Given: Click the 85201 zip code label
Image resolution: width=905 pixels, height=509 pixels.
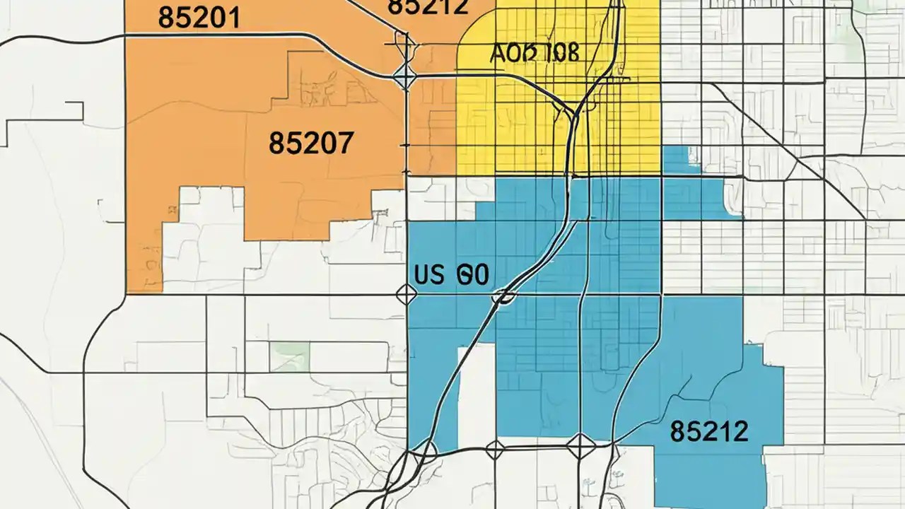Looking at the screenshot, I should point(199,18).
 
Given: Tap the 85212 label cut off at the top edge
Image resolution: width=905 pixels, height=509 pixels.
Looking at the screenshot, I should point(428,7).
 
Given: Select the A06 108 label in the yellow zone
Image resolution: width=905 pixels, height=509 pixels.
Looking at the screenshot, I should point(534,52).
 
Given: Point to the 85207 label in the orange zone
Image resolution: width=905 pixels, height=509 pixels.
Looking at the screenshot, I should point(310,144).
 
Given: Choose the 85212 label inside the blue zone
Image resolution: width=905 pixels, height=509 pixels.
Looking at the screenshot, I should point(708,431).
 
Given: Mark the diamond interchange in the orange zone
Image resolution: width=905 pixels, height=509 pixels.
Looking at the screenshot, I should point(406,76).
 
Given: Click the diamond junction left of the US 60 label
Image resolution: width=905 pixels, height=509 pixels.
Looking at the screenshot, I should point(406,294).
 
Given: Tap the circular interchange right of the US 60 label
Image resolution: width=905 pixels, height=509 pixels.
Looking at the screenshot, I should point(504,296).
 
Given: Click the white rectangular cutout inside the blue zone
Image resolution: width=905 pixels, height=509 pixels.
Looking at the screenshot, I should point(477,392).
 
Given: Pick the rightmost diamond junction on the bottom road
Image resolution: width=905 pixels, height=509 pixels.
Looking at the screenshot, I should point(580,446).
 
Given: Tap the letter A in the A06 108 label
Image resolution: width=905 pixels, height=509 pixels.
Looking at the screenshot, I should point(497,53).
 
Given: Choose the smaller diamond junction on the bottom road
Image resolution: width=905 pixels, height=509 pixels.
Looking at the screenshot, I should point(495,448).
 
